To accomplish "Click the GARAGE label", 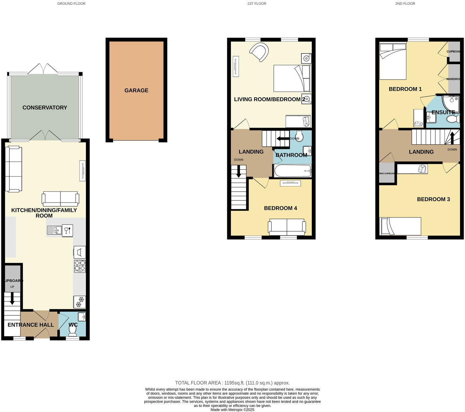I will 136,90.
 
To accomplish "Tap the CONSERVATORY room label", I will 45,107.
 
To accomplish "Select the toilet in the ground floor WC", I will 72,330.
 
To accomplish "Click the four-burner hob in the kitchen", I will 80,266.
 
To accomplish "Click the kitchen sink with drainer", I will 54,230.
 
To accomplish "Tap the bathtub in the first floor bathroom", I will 292,171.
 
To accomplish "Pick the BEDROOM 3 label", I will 433,199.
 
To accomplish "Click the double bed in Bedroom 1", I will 393,61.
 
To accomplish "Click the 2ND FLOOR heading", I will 405,4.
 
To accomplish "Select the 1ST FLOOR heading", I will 257,4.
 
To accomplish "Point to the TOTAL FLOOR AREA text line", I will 232,383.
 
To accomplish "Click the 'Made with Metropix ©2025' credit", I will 232,410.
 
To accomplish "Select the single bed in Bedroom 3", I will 400,226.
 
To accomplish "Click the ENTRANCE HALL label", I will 31,325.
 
